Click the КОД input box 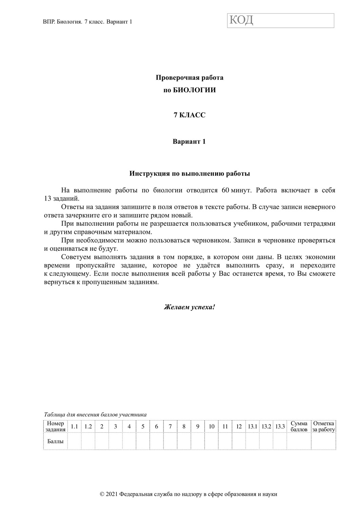click(x=281, y=21)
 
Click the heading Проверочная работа click(x=189, y=78)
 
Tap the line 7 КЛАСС click(x=189, y=115)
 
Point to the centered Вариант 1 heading click(x=189, y=142)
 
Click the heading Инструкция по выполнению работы click(x=189, y=174)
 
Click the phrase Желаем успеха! click(x=189, y=307)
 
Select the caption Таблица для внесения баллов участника click(x=95, y=414)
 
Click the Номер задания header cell click(x=55, y=426)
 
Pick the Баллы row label click(x=55, y=441)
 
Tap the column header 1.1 click(x=74, y=427)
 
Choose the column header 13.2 click(x=266, y=427)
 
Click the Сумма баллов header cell click(x=299, y=426)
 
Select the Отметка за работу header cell click(x=323, y=426)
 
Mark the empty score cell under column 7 click(x=170, y=441)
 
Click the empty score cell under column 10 click(x=211, y=441)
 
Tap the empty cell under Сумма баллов click(x=299, y=441)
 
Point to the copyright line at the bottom click(x=189, y=494)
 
